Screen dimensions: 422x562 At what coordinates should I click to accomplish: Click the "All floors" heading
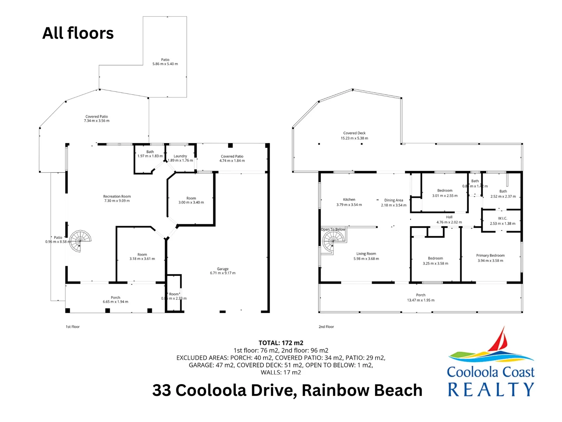pos(78,33)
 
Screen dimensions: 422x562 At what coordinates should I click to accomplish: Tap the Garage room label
pos(223,269)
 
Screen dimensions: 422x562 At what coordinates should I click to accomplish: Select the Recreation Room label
pos(117,197)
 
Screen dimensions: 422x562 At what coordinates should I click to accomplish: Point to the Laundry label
pos(180,156)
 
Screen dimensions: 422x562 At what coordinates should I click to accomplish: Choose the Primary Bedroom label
pos(490,256)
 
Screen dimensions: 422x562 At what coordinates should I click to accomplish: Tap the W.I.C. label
pos(502,218)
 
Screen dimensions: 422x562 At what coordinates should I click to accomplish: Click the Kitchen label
pos(349,200)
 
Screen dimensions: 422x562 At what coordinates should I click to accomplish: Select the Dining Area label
pos(393,200)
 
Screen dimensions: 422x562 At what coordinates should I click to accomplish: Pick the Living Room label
pos(366,254)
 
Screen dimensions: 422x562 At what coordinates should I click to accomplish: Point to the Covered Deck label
pos(354,133)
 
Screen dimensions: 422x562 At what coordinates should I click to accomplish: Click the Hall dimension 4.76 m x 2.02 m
pos(449,222)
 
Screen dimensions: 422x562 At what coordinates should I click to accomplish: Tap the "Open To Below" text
pos(333,229)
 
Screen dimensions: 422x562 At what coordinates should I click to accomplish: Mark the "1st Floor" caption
pos(73,327)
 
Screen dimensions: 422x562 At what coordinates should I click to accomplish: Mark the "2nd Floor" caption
pos(326,327)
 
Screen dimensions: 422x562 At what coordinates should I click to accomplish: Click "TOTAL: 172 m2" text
pos(281,343)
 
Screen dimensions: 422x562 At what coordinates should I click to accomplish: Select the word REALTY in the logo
pos(491,390)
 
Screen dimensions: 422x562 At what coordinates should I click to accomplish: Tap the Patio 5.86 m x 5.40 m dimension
pos(165,64)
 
